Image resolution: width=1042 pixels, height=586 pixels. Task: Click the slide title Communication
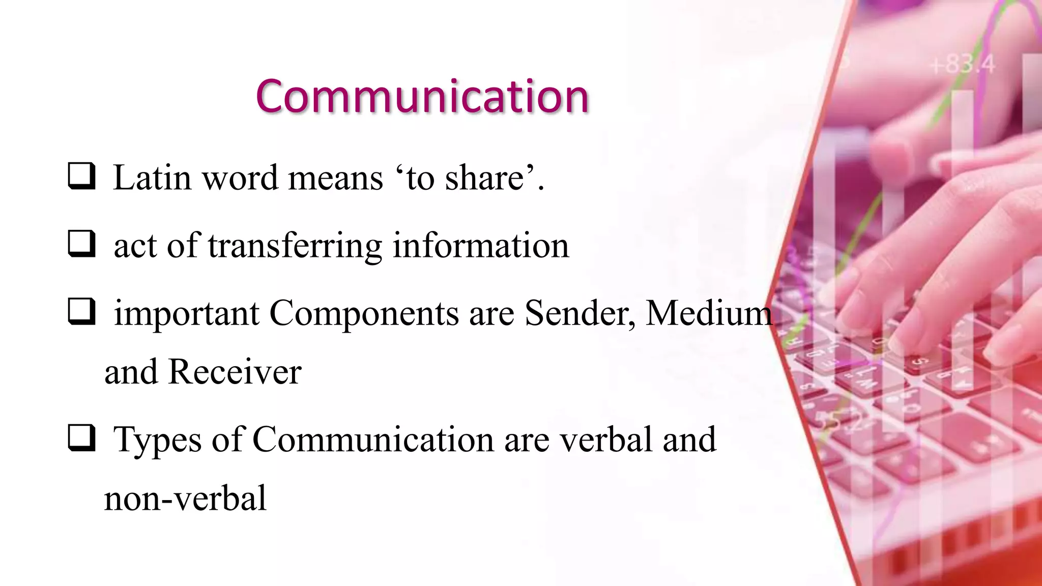422,96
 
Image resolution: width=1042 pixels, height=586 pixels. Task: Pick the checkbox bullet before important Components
81,311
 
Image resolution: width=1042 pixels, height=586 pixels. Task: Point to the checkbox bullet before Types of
81,438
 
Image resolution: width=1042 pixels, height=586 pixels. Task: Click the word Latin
152,178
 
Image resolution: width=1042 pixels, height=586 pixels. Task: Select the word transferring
295,246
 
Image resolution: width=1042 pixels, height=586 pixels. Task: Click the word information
481,246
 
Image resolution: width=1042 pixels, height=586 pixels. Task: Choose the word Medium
709,313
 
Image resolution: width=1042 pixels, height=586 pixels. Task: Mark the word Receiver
235,372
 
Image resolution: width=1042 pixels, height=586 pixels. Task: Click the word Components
364,314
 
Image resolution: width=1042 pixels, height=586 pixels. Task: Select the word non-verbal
185,498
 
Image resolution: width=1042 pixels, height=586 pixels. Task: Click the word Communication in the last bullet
373,439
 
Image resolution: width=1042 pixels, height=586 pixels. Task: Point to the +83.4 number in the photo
962,65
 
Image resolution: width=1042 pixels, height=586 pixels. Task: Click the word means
335,179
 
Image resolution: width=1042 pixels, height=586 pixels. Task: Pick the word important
187,314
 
